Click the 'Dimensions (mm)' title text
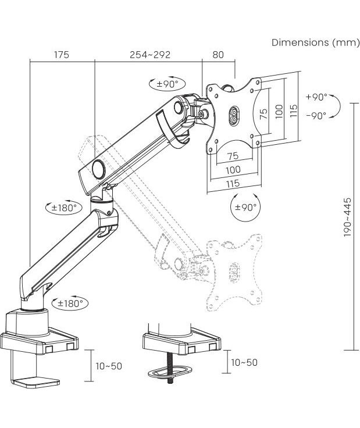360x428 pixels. point(316,42)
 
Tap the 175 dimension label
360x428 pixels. point(62,55)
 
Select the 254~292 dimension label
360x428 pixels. point(150,55)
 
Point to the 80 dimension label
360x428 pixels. point(218,55)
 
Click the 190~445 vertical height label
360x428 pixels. point(347,217)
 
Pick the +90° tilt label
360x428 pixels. point(316,97)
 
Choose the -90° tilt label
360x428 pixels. point(316,116)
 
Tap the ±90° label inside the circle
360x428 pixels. point(245,207)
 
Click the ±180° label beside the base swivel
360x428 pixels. point(70,303)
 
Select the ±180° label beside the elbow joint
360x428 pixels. point(63,208)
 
